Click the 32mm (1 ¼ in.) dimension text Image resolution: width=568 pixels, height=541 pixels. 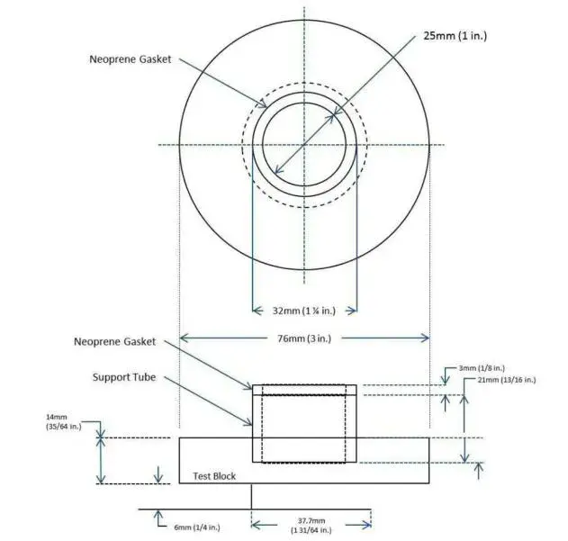pos(304,311)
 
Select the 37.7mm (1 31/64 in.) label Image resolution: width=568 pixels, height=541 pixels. pos(311,526)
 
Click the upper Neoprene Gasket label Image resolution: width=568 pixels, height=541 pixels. pos(131,60)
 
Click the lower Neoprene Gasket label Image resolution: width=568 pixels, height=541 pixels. pos(114,342)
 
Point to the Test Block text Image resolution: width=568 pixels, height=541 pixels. pos(214,475)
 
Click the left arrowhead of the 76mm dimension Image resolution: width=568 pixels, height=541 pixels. pos(184,338)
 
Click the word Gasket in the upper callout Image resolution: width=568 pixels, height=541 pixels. pos(155,60)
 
